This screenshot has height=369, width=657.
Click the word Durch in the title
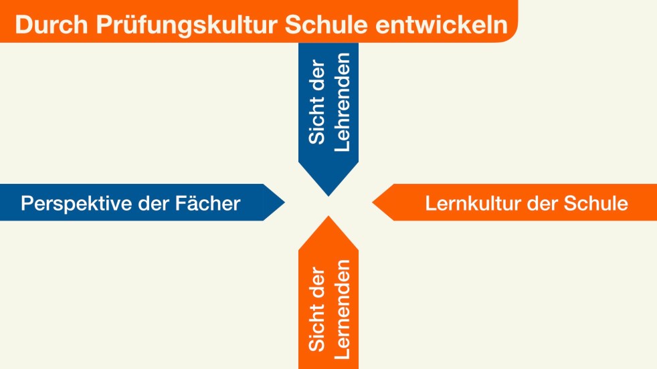(51, 25)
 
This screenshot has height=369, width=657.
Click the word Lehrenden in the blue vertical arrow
(343, 102)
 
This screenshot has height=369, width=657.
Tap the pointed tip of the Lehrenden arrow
(328, 194)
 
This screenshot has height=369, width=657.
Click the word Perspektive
(76, 203)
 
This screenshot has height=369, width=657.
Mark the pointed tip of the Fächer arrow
(284, 202)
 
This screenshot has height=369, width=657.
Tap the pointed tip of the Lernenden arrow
(328, 218)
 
